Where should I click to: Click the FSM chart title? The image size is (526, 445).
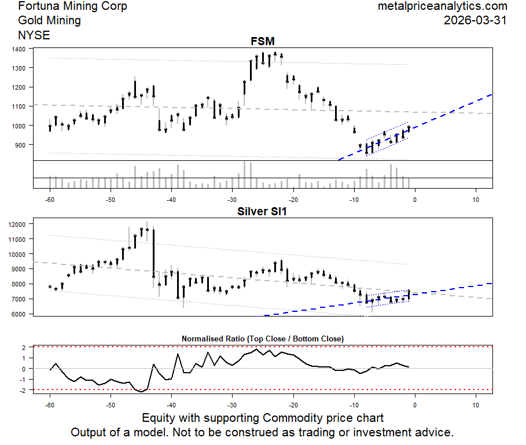tap(262, 41)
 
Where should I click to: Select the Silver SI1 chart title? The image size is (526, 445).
tap(262, 211)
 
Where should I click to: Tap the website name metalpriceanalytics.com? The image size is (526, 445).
tap(442, 6)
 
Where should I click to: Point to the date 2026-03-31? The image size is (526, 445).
tap(475, 20)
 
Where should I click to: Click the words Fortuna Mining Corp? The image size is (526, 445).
tap(73, 6)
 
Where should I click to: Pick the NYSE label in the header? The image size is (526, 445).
tap(34, 35)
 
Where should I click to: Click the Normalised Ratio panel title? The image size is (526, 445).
tap(262, 339)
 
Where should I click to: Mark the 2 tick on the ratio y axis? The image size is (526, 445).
tap(25, 348)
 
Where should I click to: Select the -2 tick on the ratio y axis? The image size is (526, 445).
tap(23, 390)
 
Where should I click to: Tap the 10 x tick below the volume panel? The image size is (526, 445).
tap(476, 200)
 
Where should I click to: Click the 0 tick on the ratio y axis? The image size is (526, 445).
tap(25, 369)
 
